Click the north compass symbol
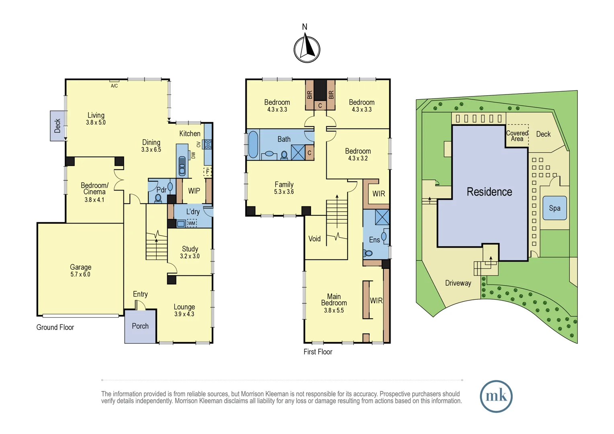coord(307,49)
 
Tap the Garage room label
coord(80,267)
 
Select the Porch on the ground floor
coord(140,326)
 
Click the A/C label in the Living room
coord(115,86)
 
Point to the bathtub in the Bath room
coord(253,144)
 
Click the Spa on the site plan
coord(555,208)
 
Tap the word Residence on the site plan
coord(489,192)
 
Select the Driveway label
coord(458,283)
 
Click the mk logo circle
coord(496,396)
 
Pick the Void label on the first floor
coord(314,239)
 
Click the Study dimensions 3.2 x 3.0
coord(190,256)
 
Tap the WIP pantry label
coord(194,191)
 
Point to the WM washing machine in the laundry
coord(192,223)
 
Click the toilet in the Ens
coord(368,253)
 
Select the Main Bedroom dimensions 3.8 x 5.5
coord(334,310)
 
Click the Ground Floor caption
coord(55,327)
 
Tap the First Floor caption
coord(317,352)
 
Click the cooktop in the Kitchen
coord(208,144)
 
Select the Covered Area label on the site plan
coord(517,136)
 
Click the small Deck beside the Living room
coord(57,126)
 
